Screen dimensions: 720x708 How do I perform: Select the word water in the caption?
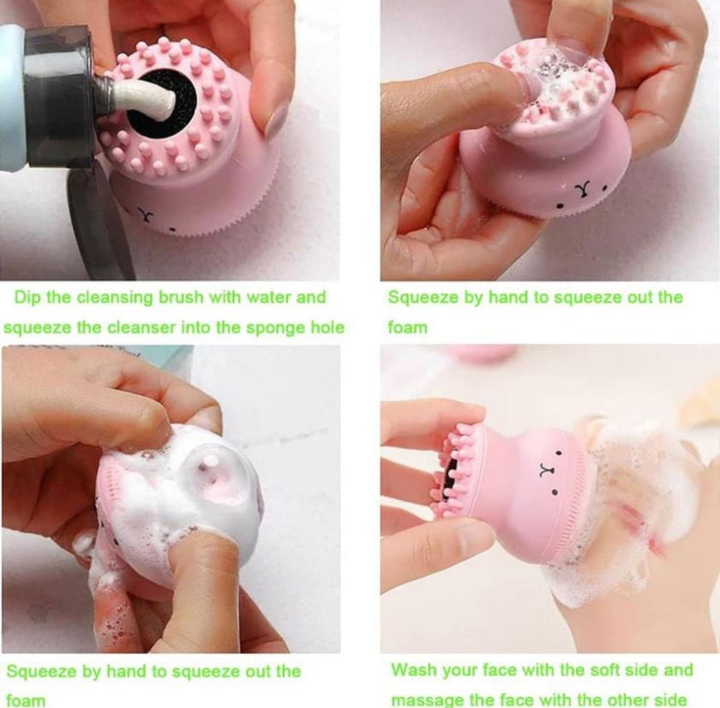click(x=268, y=297)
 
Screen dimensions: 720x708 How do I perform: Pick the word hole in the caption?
click(x=328, y=327)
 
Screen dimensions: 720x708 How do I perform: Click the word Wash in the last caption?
click(x=414, y=670)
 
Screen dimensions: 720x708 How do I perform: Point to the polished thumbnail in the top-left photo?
click(x=277, y=123)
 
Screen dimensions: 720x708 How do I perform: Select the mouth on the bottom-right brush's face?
click(x=545, y=470)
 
